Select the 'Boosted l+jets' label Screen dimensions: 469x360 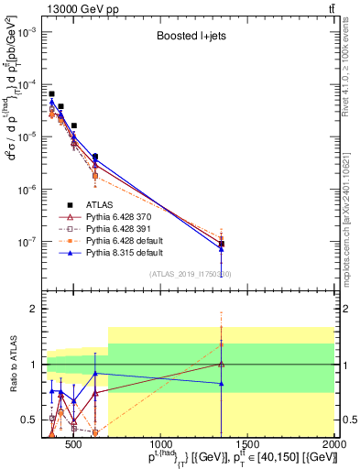click(x=190, y=38)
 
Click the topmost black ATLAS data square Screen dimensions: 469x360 click(x=52, y=93)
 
